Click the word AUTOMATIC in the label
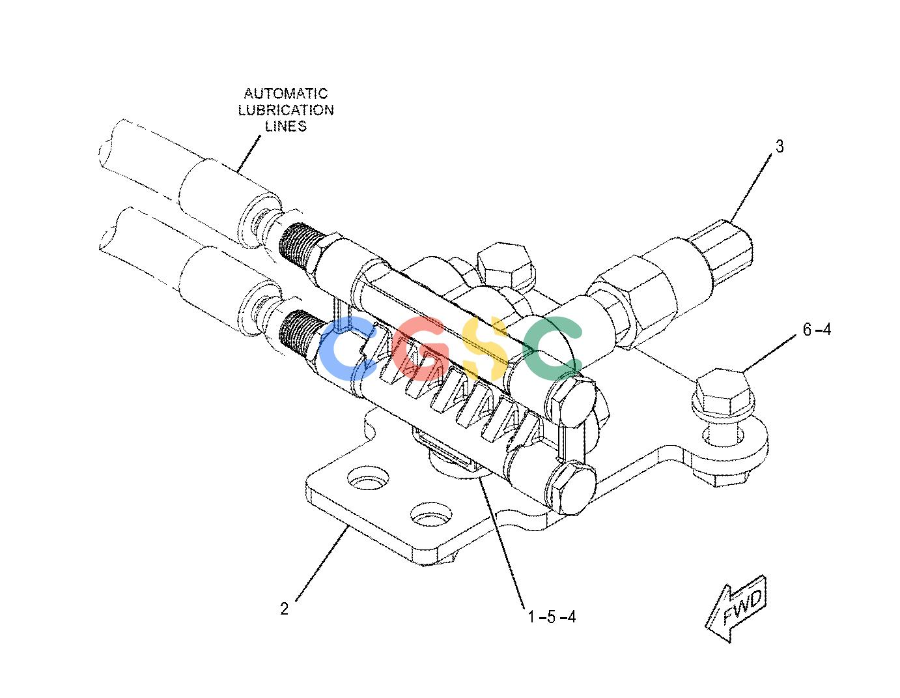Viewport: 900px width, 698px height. (x=285, y=93)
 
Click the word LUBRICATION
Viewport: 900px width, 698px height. (x=286, y=110)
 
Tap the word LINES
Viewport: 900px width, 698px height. (x=286, y=126)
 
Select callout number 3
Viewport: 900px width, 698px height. (x=779, y=147)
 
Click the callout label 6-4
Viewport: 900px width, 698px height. (x=817, y=330)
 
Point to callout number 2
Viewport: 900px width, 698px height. (x=284, y=609)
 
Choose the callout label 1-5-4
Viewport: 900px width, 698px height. (x=552, y=617)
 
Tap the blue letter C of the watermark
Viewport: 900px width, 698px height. (x=348, y=348)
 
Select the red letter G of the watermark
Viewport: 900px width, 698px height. (x=421, y=348)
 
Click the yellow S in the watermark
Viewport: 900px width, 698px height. (x=485, y=348)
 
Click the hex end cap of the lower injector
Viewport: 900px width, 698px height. (x=573, y=488)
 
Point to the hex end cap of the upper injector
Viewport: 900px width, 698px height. (x=573, y=398)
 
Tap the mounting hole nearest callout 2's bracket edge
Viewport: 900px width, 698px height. (x=430, y=516)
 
